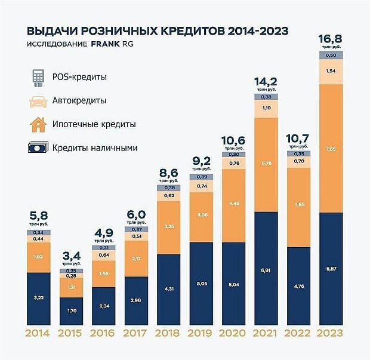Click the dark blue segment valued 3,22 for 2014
[38, 297]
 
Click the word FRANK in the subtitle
[106, 45]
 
